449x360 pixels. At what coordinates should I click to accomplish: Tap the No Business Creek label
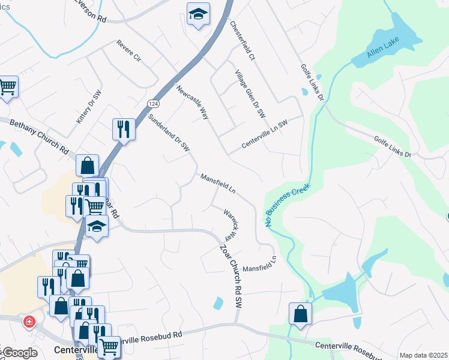[288, 205]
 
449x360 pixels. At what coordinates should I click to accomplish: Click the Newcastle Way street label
[192, 102]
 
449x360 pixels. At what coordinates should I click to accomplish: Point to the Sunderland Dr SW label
[169, 133]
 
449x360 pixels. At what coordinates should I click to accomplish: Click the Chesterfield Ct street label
[243, 40]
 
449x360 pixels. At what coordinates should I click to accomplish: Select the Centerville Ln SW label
[265, 133]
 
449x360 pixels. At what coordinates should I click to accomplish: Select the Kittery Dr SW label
[86, 108]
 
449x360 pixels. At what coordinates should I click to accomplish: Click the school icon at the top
[197, 14]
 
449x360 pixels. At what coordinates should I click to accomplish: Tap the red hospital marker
[28, 323]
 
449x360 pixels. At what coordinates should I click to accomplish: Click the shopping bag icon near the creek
[300, 314]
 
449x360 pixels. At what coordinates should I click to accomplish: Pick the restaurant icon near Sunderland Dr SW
[124, 128]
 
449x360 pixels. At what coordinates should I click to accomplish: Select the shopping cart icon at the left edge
[7, 86]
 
